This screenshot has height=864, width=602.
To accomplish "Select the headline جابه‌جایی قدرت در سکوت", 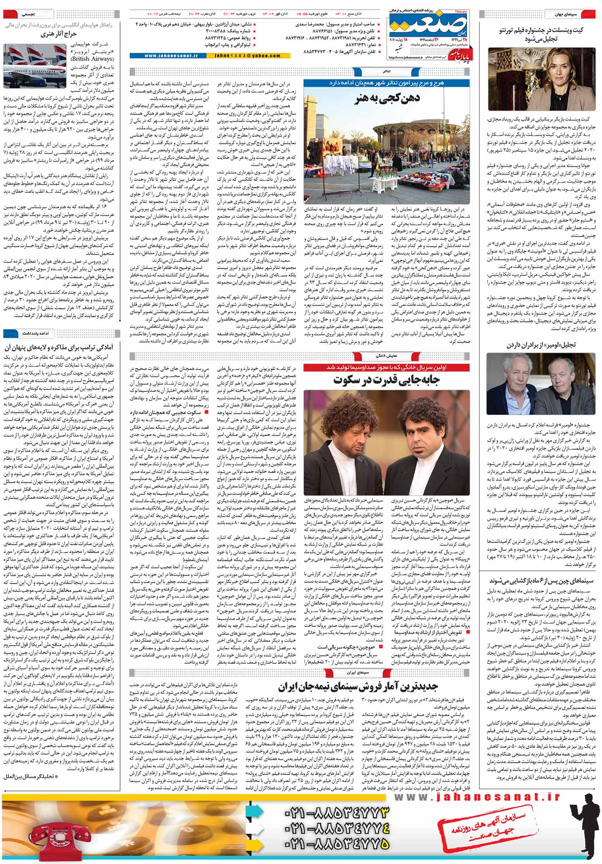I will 386,380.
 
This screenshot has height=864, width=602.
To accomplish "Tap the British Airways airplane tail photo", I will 27,66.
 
